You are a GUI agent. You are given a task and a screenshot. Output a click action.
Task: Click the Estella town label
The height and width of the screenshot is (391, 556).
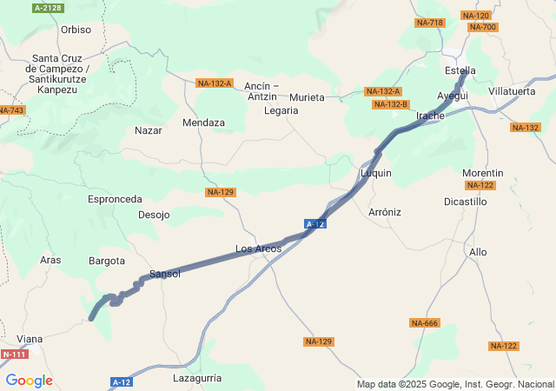(460, 70)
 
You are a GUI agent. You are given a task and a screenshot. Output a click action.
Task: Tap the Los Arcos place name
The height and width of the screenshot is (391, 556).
(258, 249)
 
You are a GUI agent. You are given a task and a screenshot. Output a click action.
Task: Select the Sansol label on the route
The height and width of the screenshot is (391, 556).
(165, 274)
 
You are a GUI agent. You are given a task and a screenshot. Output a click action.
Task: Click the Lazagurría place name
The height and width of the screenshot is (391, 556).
(198, 378)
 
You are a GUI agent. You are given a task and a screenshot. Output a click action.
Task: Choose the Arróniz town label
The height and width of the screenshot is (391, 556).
(385, 211)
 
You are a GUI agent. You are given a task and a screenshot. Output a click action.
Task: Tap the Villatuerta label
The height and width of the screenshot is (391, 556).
(512, 90)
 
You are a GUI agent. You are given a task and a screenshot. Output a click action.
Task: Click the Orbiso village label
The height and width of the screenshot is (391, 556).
(76, 30)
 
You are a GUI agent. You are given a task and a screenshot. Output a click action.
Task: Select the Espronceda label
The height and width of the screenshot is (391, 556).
(115, 199)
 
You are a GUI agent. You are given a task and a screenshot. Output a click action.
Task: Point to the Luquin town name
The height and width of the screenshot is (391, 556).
(376, 173)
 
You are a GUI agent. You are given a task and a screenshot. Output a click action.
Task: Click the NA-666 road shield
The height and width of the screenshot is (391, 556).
(425, 323)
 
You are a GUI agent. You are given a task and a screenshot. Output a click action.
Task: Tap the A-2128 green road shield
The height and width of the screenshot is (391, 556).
(48, 8)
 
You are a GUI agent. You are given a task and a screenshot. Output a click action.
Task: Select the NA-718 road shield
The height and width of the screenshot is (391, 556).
(429, 23)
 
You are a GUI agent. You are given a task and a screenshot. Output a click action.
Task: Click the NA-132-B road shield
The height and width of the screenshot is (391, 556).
(390, 104)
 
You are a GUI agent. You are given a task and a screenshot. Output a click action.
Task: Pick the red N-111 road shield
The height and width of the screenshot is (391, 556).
(14, 355)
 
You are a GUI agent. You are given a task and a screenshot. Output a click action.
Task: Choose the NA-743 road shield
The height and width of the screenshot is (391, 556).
(11, 109)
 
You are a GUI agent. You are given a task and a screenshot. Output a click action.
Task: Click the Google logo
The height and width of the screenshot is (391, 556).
(29, 381)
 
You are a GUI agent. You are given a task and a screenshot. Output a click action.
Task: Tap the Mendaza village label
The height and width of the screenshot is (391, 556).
(203, 123)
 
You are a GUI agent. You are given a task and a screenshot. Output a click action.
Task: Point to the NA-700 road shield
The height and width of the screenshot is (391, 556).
(482, 27)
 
